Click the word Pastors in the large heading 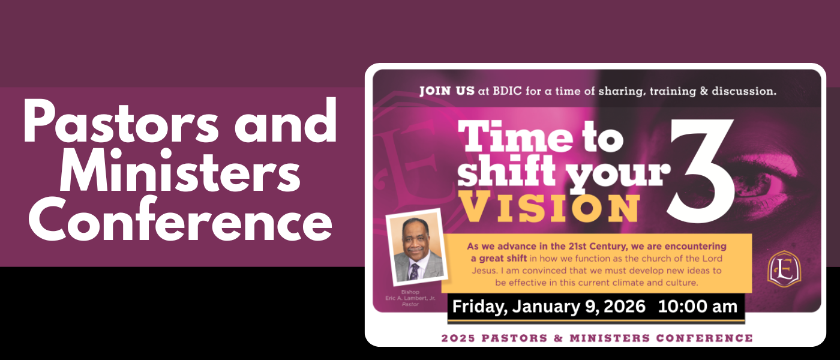[121, 121]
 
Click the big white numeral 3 [701, 171]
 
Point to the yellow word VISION [551, 206]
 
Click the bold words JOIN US [446, 91]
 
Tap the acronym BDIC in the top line [506, 91]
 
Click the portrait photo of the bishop [417, 247]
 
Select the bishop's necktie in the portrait [415, 271]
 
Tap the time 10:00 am [697, 307]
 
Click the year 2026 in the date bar [625, 307]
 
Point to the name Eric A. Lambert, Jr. [410, 298]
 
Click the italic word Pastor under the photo [410, 304]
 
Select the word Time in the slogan [515, 138]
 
